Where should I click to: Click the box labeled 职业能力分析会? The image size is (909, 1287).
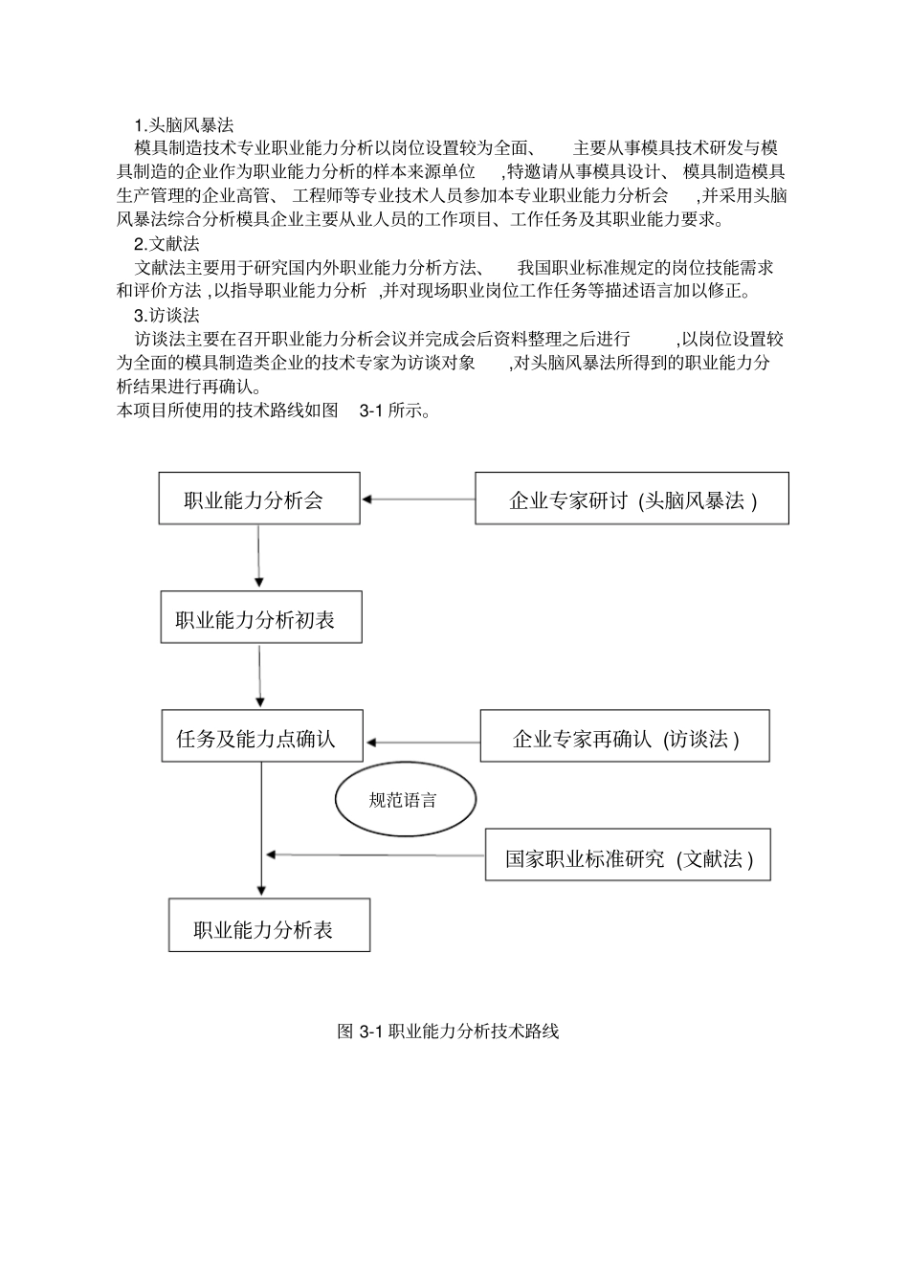[258, 499]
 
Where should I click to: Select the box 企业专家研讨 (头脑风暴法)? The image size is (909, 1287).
[632, 499]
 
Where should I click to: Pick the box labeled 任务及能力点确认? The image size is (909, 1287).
[262, 737]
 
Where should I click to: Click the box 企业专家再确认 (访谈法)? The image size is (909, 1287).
[624, 736]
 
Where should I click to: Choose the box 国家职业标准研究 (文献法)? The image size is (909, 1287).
[628, 855]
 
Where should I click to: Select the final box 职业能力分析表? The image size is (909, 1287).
[269, 925]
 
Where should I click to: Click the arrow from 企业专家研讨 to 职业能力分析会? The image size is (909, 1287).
[418, 499]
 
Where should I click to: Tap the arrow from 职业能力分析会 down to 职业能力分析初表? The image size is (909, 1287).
[258, 555]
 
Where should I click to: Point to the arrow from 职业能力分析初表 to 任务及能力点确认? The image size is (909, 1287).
[260, 677]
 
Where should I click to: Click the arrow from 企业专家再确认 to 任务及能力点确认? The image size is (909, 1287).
[424, 742]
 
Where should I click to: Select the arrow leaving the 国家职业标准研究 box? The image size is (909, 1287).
[375, 854]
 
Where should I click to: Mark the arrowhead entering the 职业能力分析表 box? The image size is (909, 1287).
[261, 890]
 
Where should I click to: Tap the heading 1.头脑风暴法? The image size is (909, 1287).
[184, 124]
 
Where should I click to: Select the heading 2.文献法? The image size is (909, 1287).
[166, 243]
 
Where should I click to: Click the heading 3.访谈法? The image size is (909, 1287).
[166, 315]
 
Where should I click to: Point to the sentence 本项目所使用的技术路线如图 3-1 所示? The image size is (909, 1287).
[273, 411]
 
